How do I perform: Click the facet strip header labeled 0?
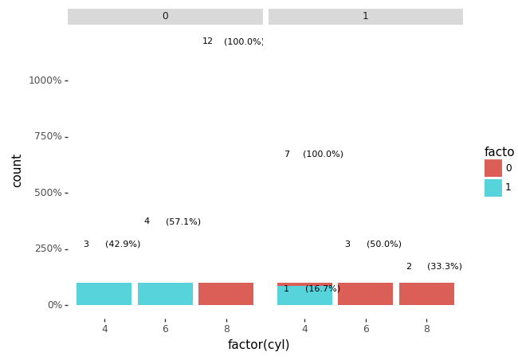click(165, 17)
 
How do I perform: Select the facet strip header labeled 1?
click(365, 17)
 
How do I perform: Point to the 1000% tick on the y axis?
click(45, 80)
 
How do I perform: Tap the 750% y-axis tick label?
click(47, 136)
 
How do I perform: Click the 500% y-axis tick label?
click(47, 193)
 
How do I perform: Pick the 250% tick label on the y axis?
click(47, 248)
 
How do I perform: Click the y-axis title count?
click(17, 170)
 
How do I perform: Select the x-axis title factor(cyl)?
click(258, 345)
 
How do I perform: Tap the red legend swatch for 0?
click(492, 168)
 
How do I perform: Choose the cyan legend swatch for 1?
click(492, 188)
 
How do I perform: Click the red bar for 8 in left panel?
click(226, 294)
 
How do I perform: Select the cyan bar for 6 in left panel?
click(165, 294)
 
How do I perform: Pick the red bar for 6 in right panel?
click(365, 294)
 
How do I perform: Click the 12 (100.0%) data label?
click(232, 41)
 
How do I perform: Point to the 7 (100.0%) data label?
click(314, 155)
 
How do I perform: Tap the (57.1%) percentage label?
click(183, 222)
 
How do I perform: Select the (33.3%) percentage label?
click(444, 267)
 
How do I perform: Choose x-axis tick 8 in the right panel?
click(426, 329)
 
